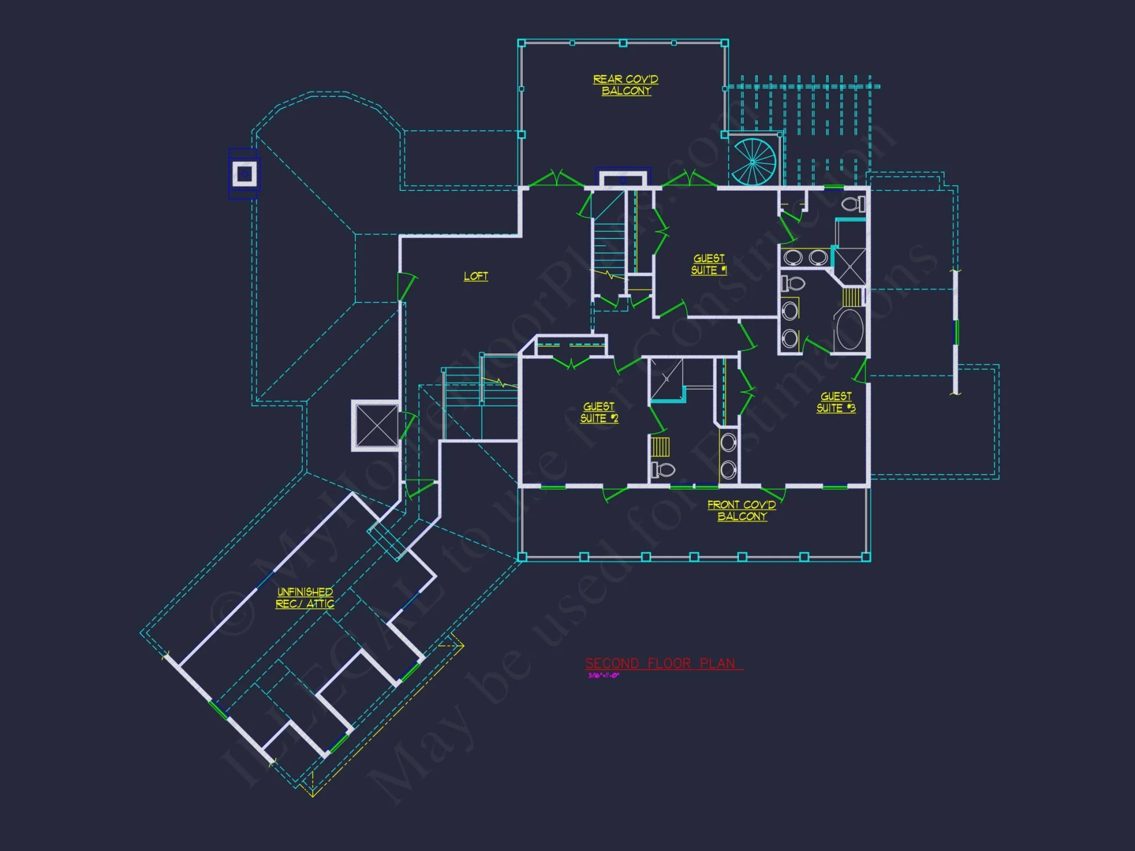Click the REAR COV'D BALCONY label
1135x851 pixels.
(x=625, y=85)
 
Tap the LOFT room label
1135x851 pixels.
(x=476, y=276)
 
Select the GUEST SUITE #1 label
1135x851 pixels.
(x=709, y=264)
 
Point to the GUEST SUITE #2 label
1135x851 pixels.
(x=599, y=412)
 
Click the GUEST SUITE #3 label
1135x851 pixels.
(x=836, y=402)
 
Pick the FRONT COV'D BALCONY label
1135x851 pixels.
(x=742, y=511)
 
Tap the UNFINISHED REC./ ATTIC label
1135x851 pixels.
(x=305, y=598)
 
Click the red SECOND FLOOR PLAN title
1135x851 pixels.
(x=661, y=663)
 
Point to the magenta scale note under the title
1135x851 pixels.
(x=603, y=676)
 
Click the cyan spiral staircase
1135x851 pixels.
(x=753, y=162)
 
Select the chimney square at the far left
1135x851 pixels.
(x=245, y=174)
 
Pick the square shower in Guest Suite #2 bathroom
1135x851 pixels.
(x=666, y=378)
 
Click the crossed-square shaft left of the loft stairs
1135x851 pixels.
(x=376, y=425)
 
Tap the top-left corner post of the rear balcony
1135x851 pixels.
(x=522, y=43)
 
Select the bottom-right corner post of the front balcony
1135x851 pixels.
(x=866, y=557)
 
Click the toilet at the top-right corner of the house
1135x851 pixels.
(x=853, y=204)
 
